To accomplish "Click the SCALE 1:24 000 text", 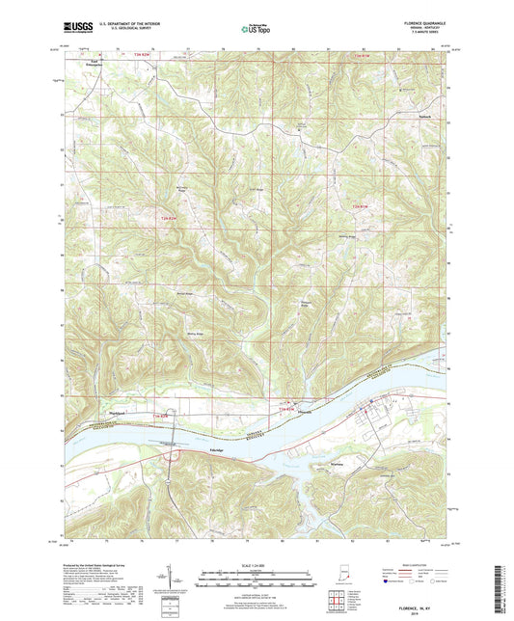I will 256,562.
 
